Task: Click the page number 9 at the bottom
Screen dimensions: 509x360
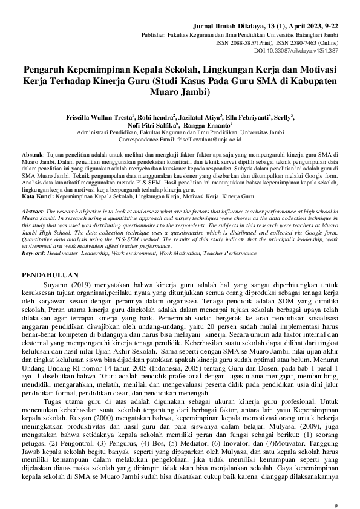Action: (336, 488)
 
